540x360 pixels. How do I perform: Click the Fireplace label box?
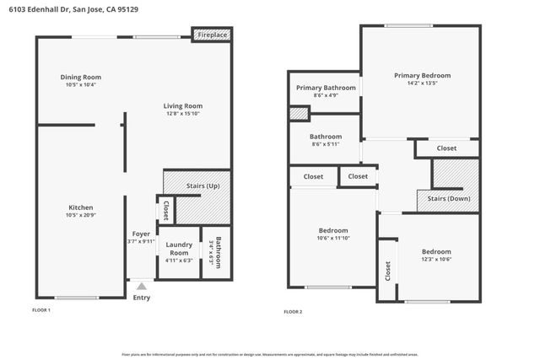(x=213, y=35)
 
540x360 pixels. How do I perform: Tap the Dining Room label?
(x=81, y=78)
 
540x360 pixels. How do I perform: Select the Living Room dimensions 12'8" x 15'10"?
(x=183, y=114)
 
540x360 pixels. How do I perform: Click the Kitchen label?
(x=81, y=207)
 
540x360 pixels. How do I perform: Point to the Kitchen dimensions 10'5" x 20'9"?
(x=81, y=215)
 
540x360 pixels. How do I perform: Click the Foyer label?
(x=141, y=234)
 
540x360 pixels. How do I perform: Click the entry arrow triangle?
(x=142, y=287)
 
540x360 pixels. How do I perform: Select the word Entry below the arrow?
(x=142, y=297)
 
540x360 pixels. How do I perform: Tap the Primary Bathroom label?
(x=326, y=87)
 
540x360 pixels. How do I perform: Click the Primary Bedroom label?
(x=422, y=75)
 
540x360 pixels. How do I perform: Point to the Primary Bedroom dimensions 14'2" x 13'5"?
(x=422, y=83)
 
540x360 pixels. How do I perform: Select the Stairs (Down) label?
(x=448, y=199)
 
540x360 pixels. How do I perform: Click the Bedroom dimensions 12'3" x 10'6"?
(x=436, y=259)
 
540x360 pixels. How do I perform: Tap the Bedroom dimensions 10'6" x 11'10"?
(x=332, y=238)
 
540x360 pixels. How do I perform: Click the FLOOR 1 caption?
(x=41, y=311)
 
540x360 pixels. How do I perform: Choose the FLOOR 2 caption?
(x=293, y=312)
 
